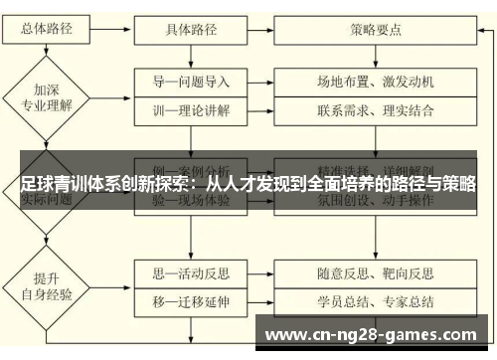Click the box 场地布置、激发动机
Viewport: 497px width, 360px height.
click(x=375, y=81)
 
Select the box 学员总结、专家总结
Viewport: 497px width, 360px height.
click(x=375, y=271)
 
